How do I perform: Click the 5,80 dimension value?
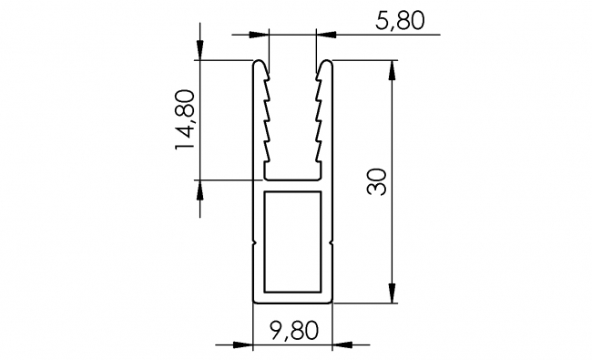coord(397,20)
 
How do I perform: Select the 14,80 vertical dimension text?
coord(184,119)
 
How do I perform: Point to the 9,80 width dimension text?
coord(292,330)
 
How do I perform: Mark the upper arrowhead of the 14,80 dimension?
coord(200,55)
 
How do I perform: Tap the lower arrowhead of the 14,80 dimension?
coord(200,187)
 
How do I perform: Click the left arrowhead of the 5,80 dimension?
coord(265,36)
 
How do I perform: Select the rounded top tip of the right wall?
coord(324,65)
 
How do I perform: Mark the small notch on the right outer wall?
coord(332,243)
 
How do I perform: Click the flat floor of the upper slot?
coord(292,175)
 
